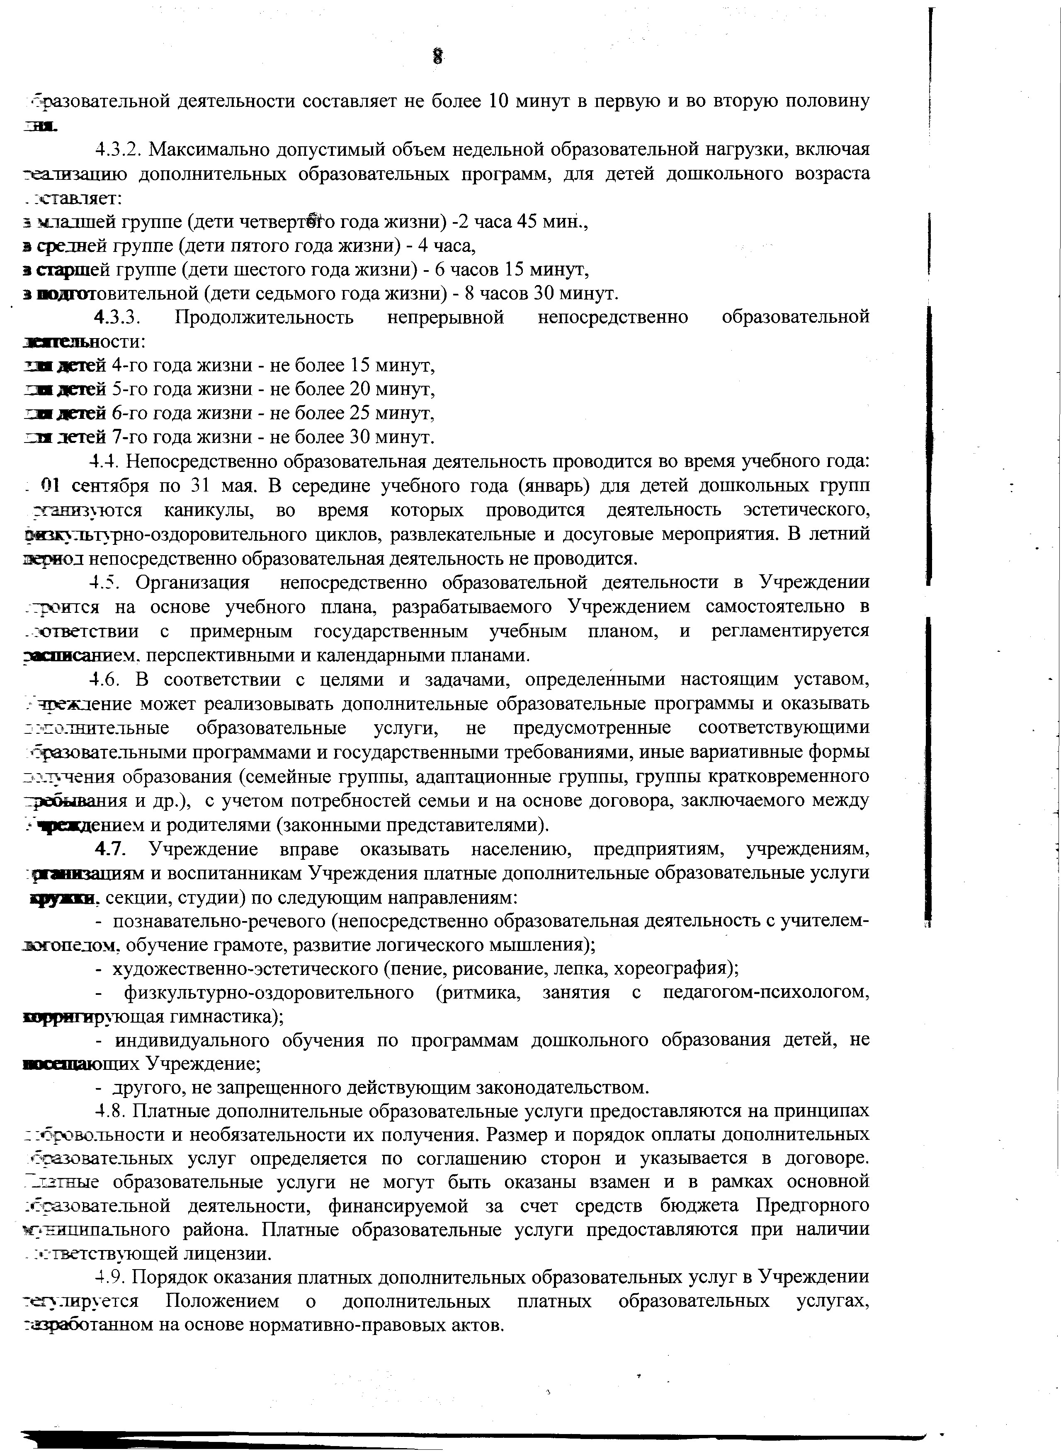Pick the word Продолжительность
click(x=264, y=317)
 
